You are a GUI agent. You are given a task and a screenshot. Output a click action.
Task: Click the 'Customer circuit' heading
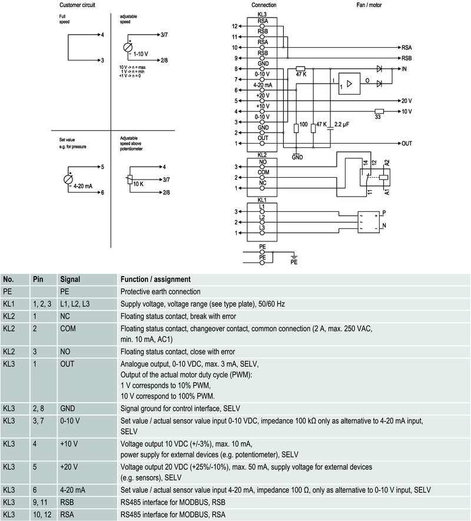coord(78,5)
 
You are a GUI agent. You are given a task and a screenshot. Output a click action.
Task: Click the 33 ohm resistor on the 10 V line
coord(379,111)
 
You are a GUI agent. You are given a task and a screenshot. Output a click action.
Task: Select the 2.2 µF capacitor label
coord(341,125)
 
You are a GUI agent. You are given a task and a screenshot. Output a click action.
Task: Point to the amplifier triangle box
coord(350,84)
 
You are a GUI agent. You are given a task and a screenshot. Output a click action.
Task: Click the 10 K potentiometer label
coord(139,184)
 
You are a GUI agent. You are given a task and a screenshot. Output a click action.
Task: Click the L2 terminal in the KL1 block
coord(263,218)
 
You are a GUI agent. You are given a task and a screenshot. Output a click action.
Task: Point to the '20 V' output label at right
coord(406,101)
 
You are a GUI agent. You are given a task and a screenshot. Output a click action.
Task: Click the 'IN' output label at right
coord(404,69)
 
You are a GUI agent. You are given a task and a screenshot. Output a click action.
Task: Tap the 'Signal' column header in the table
coord(69,279)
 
